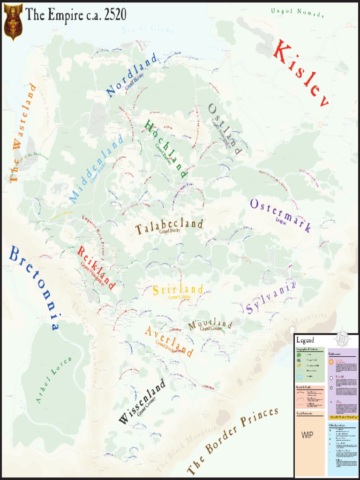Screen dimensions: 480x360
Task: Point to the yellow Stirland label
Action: click(178, 290)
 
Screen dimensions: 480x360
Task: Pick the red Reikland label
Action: click(96, 267)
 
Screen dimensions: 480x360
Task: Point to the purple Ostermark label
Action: click(280, 215)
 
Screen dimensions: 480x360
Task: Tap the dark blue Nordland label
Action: click(131, 75)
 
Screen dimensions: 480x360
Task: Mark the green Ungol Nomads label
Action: click(297, 13)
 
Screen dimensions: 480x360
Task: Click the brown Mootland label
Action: click(210, 324)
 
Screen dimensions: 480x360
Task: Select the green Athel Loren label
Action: click(54, 380)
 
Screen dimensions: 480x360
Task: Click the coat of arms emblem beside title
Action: click(13, 22)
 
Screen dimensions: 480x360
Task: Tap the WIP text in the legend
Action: click(307, 435)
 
